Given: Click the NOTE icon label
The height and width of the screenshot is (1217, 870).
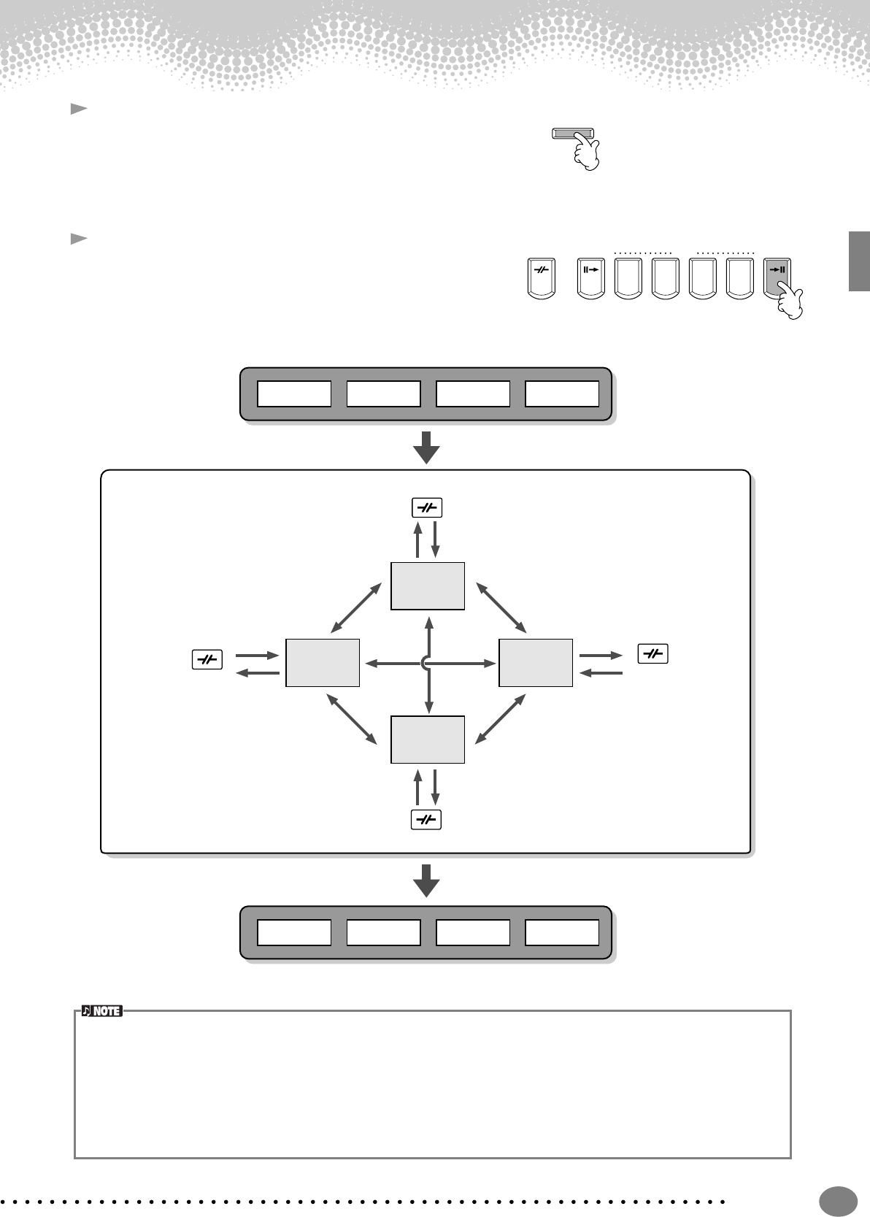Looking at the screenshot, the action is [101, 1011].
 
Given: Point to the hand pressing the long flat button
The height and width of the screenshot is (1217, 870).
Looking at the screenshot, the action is [586, 153].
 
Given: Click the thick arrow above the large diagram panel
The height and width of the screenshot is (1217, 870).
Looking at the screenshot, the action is [426, 447].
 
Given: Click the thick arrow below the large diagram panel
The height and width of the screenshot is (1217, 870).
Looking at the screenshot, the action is [426, 880].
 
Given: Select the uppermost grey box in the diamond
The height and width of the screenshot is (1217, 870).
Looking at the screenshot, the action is [428, 586].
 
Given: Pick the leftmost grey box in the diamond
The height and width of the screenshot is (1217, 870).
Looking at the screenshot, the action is [323, 663].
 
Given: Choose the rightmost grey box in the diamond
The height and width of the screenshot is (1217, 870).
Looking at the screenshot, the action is [535, 663].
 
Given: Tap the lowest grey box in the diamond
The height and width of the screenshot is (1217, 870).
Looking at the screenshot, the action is [428, 740].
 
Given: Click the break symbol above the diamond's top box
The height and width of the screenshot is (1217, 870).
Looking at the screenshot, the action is [427, 508].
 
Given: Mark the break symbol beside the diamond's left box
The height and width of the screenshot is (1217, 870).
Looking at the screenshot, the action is [207, 660].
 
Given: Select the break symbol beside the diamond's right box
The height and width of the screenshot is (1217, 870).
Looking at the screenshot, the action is [653, 654].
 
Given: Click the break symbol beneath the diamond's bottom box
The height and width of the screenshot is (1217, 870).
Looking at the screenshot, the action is [427, 820].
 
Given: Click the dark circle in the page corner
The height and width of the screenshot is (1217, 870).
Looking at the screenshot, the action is [838, 1200].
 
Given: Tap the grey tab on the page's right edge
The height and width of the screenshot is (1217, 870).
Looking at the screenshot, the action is [859, 261].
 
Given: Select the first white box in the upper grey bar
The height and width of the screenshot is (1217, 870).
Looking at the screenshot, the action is [294, 394].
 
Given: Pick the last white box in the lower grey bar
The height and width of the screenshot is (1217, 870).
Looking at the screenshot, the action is [562, 932].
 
